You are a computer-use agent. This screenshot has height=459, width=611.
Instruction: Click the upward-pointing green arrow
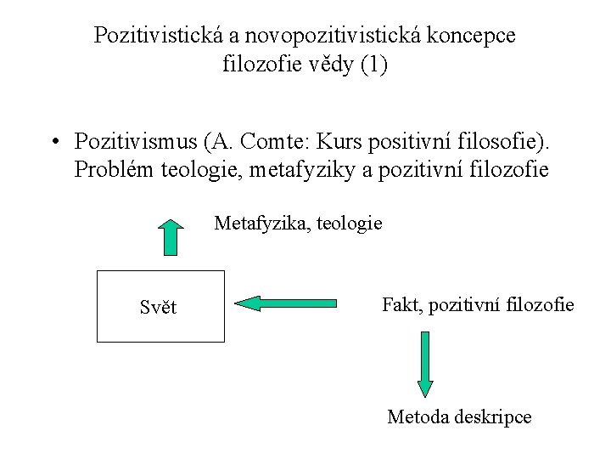click(x=171, y=237)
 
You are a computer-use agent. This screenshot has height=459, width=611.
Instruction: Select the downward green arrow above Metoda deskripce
click(x=426, y=364)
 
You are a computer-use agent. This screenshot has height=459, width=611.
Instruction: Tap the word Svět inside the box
click(x=159, y=308)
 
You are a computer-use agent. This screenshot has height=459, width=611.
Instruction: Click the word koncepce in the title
click(x=477, y=36)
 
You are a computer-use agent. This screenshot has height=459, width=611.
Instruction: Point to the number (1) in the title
click(x=373, y=65)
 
